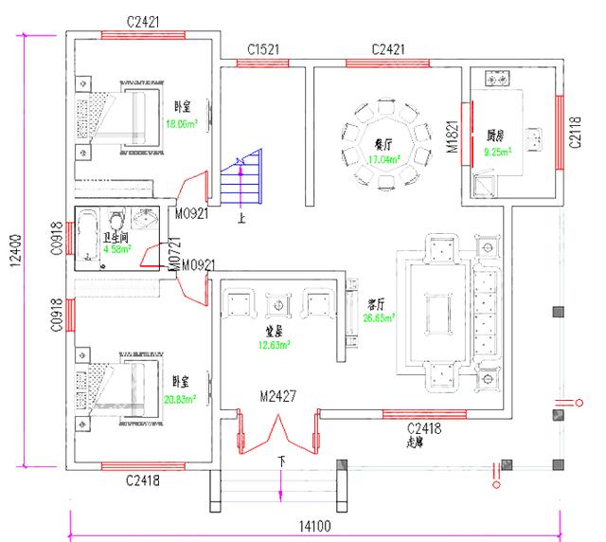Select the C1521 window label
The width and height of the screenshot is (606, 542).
point(262,48)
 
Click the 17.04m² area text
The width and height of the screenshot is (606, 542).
point(383,159)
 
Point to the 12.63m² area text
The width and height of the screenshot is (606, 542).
point(275,345)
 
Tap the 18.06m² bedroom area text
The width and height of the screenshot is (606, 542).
point(181,123)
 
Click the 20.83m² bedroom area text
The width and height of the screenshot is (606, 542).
point(179,400)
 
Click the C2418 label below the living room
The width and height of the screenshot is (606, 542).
point(425,428)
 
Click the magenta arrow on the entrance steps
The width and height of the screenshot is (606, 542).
point(281,484)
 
